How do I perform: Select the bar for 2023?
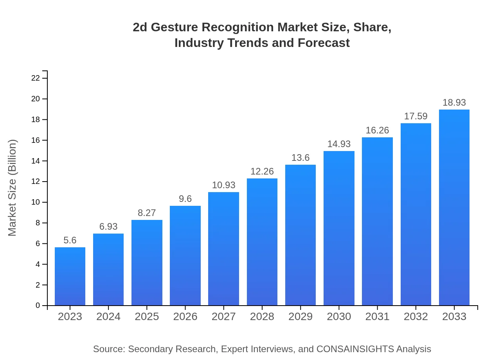pyautogui.click(x=70, y=276)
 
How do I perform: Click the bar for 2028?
pyautogui.click(x=262, y=242)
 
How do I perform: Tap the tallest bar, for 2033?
pyautogui.click(x=454, y=207)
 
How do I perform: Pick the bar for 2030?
pyautogui.click(x=339, y=228)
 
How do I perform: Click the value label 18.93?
pyautogui.click(x=454, y=103)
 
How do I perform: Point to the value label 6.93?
pyautogui.click(x=108, y=227)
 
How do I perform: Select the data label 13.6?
pyautogui.click(x=300, y=158)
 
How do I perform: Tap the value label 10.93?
pyautogui.click(x=223, y=185)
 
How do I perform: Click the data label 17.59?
pyautogui.click(x=416, y=116)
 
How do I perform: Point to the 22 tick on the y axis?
pyautogui.click(x=36, y=78)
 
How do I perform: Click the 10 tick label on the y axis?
pyautogui.click(x=36, y=202)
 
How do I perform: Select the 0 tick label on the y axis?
pyautogui.click(x=38, y=306)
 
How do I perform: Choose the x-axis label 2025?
pyautogui.click(x=147, y=317)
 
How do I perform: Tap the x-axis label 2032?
pyautogui.click(x=416, y=317)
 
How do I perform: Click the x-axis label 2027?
pyautogui.click(x=223, y=317)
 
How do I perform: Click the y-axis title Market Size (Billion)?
pyautogui.click(x=13, y=188)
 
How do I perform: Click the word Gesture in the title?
pyautogui.click(x=173, y=27)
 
